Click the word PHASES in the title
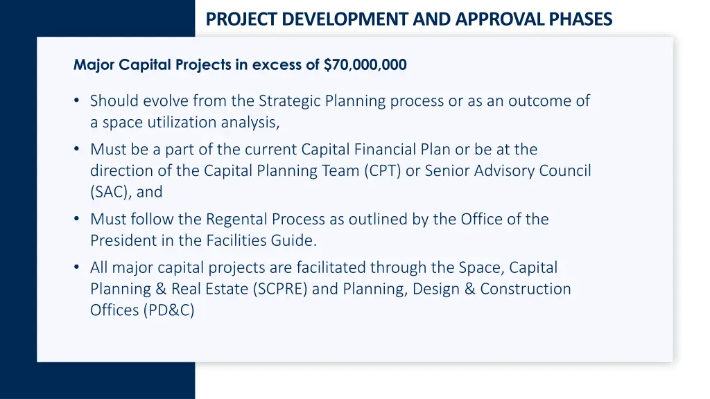tap(581, 19)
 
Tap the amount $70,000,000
tap(365, 65)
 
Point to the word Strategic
tap(287, 101)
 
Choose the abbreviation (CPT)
tap(382, 170)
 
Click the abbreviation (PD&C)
tap(169, 310)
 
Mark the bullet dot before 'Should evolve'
tap(77, 101)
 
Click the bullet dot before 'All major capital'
tap(77, 267)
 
